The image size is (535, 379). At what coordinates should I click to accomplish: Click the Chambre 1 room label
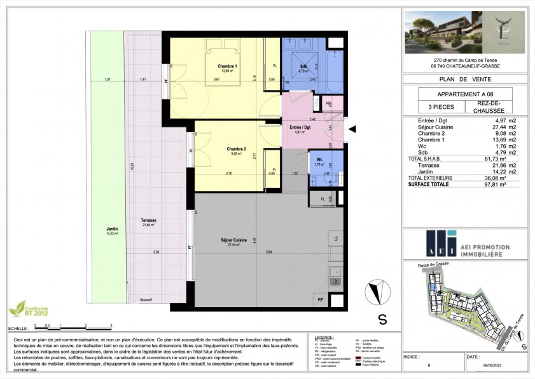pyautogui.click(x=228, y=68)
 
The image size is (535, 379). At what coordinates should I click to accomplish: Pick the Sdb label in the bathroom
pyautogui.click(x=304, y=67)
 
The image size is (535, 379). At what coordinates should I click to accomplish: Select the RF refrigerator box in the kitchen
pyautogui.click(x=320, y=299)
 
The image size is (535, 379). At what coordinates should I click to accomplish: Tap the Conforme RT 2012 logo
pyautogui.click(x=24, y=310)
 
